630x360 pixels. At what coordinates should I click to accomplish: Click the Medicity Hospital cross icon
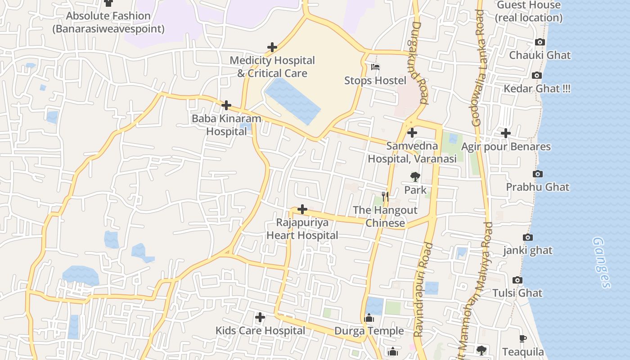point(272,47)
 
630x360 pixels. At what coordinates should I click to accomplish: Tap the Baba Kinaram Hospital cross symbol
point(226,106)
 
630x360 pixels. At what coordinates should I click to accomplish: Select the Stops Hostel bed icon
point(375,67)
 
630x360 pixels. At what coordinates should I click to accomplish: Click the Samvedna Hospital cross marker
point(412,133)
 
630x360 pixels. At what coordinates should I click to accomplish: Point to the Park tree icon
point(415,177)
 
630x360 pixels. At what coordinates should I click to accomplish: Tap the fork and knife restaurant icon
point(385,197)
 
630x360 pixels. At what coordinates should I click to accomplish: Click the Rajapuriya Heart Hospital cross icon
point(302,209)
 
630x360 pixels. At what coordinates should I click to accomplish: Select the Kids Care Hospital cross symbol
point(260,317)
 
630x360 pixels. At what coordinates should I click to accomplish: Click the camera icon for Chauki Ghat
point(540,42)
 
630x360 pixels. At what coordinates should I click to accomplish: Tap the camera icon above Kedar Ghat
point(536,75)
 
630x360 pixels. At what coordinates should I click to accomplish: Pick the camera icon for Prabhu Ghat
point(537,174)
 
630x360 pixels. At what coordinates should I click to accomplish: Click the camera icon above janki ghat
point(528,237)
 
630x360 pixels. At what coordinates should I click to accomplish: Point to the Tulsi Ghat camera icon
point(517,280)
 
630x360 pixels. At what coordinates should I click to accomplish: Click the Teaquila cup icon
point(522,338)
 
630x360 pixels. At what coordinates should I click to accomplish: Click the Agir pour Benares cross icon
point(506,133)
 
